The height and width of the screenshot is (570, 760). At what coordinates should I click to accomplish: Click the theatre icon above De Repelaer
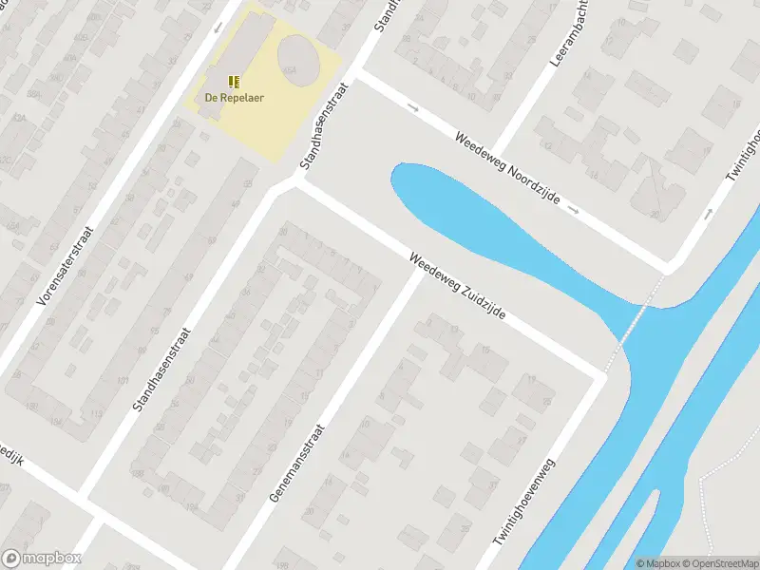pos(233,82)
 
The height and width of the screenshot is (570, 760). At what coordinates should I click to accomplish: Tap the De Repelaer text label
pos(233,97)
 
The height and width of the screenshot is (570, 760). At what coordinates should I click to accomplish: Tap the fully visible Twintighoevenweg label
pos(523,501)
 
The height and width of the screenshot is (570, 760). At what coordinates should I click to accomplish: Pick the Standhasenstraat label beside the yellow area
pos(324,125)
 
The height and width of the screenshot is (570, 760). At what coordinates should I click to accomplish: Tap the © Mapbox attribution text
pos(657,563)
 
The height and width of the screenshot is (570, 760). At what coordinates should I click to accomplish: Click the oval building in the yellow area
pos(297,56)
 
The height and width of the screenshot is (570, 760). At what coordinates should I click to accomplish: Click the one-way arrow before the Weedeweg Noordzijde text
pos(412,107)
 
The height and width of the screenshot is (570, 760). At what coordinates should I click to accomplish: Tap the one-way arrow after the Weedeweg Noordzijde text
pos(575,207)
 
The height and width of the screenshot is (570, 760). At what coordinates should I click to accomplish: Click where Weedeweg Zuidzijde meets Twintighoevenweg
pos(598,377)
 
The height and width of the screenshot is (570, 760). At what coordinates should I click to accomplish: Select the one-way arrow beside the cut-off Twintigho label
pos(708,214)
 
